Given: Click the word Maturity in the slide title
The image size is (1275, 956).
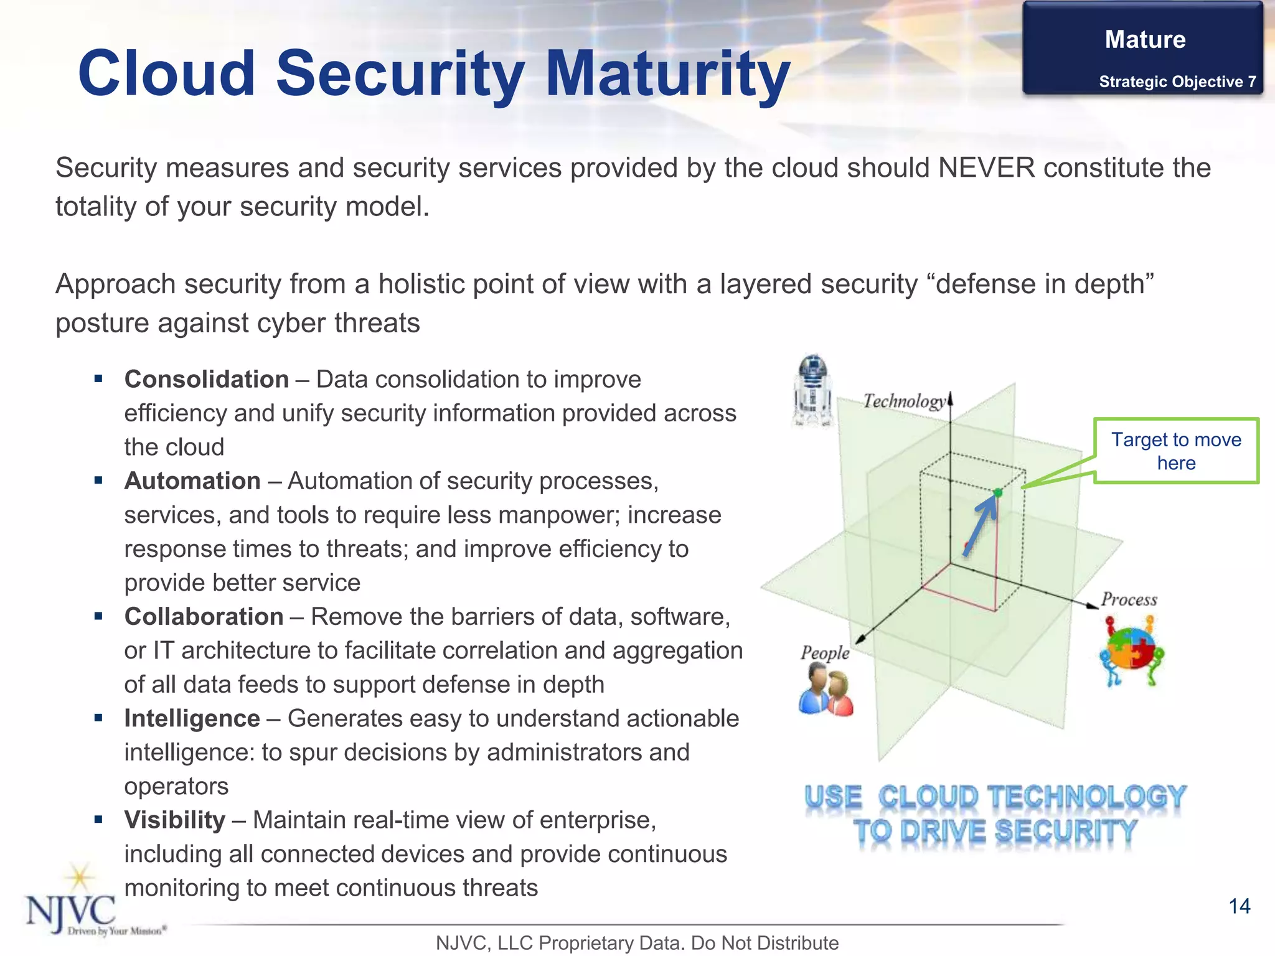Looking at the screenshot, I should point(667,75).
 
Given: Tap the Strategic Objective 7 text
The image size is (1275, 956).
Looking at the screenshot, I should point(1177,82).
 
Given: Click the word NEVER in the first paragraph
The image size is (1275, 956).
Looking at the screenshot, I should point(986,168).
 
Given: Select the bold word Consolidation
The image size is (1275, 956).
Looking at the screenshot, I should point(206,379).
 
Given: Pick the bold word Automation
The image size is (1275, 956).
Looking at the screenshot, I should point(192,480).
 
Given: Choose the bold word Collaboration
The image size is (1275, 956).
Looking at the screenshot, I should point(204,616).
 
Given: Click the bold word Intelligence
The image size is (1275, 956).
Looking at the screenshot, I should point(192,718).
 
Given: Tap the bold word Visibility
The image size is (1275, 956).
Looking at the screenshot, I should point(174,820).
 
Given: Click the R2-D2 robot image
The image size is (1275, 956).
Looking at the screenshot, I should point(812,390).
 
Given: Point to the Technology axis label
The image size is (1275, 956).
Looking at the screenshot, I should point(904,401).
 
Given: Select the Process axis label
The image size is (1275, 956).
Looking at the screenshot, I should point(1129,599).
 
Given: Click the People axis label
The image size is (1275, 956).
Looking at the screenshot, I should point(825,652).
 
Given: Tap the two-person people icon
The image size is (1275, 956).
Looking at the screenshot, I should point(826,690).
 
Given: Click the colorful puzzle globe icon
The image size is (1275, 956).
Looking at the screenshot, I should point(1131,650).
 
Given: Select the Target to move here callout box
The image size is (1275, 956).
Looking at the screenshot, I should point(1176,451).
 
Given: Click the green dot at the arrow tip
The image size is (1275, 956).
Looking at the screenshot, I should point(998,493).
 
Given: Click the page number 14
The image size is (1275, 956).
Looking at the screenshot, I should point(1239,906).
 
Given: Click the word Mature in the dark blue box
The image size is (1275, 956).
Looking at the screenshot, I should point(1145,39).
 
